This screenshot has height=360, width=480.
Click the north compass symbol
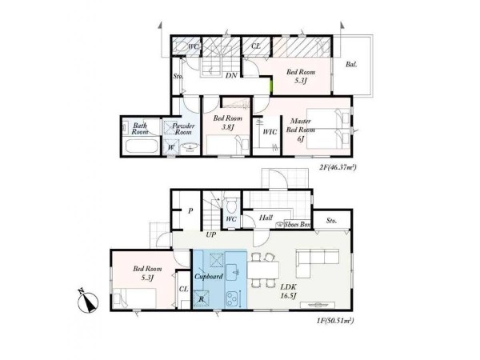click(x=88, y=302)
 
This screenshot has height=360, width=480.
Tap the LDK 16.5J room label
click(x=288, y=291)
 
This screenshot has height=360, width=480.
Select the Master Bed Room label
click(x=300, y=126)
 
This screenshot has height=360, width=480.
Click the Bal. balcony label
click(x=351, y=65)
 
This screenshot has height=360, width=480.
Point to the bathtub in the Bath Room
click(x=142, y=146)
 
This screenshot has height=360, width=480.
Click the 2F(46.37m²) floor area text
click(x=338, y=167)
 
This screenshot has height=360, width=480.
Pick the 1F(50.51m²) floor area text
click(x=335, y=321)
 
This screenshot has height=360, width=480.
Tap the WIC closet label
click(x=270, y=132)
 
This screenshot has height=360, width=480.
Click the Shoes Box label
click(x=298, y=224)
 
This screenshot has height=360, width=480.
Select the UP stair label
click(x=211, y=234)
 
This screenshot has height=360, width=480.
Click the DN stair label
click(x=231, y=75)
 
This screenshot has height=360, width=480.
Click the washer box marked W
click(x=171, y=147)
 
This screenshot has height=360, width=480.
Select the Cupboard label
click(x=209, y=277)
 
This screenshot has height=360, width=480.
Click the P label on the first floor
click(x=190, y=211)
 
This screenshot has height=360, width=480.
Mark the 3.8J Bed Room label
click(x=227, y=122)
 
